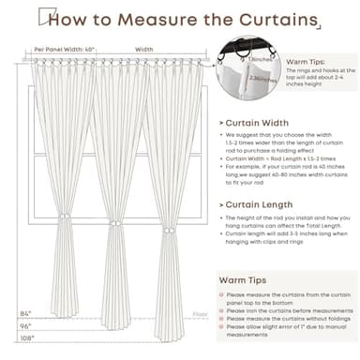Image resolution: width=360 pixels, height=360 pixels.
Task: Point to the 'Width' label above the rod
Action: coord(144,50)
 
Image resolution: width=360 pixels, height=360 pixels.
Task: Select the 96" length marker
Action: coord(24,324)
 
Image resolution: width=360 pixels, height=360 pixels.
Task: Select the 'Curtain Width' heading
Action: coord(259,122)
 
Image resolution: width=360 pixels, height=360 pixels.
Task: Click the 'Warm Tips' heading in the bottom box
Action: coord(246,279)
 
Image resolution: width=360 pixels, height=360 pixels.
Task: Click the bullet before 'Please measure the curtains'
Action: coord(220,295)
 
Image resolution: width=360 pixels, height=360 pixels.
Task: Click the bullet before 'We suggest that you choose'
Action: coord(222,136)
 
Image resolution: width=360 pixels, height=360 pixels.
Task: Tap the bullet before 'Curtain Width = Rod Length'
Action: coord(222,158)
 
